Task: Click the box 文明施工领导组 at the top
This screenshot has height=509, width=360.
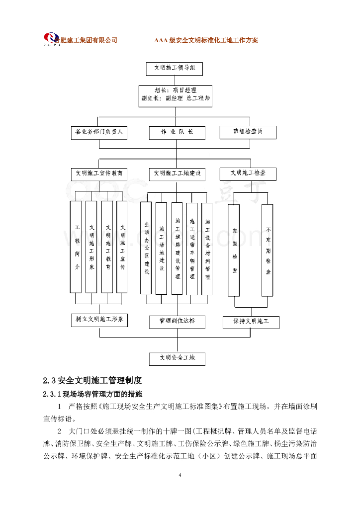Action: click(x=174, y=68)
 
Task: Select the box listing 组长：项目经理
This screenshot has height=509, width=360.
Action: click(x=175, y=95)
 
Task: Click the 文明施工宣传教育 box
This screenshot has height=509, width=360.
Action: click(x=99, y=174)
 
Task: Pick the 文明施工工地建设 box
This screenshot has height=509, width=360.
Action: click(x=177, y=174)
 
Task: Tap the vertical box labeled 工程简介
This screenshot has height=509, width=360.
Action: click(x=76, y=247)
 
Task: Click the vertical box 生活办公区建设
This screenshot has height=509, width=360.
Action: click(x=146, y=248)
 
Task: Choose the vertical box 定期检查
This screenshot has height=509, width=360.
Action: click(x=234, y=250)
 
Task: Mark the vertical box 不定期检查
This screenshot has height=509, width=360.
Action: click(x=268, y=250)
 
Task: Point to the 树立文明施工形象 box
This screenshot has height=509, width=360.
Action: click(x=99, y=320)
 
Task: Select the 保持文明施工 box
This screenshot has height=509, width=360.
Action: click(x=251, y=322)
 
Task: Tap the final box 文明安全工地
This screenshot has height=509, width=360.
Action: click(x=177, y=358)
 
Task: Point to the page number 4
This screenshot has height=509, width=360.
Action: click(x=180, y=476)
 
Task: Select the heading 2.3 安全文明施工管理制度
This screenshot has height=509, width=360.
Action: click(x=92, y=381)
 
